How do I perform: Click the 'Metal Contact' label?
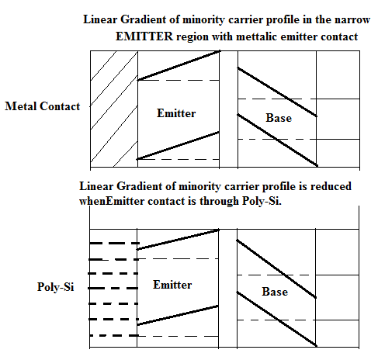(x=43, y=106)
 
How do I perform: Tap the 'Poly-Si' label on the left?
(x=56, y=287)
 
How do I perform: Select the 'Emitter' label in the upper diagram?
(x=176, y=113)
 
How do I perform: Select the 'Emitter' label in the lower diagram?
(x=172, y=285)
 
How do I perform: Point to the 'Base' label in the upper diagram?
(x=279, y=118)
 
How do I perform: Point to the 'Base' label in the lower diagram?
(x=275, y=292)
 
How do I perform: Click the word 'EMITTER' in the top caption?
(x=144, y=36)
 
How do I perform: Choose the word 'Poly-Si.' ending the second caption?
(x=262, y=201)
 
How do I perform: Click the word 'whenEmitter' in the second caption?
(x=112, y=201)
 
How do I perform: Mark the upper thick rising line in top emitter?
(x=179, y=66)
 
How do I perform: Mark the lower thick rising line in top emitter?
(x=178, y=146)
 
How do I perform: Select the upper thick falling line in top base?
(x=277, y=92)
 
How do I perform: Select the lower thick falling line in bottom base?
(x=276, y=319)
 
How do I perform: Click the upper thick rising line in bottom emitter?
(x=178, y=240)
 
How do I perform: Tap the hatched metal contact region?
(x=114, y=109)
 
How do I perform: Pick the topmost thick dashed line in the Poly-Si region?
(x=114, y=244)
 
